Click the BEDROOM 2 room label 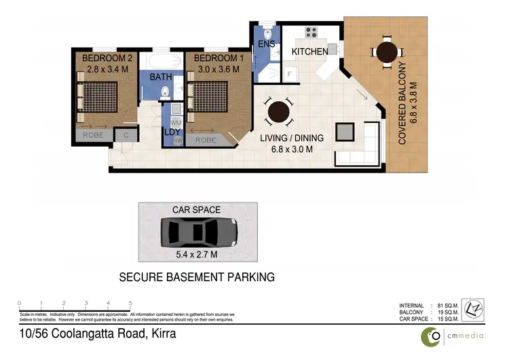click(107, 58)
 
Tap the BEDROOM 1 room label click(216, 58)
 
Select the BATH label click(161, 77)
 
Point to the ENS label click(265, 46)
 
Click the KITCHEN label click(310, 52)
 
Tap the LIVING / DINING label click(293, 138)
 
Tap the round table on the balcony click(386, 51)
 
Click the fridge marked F click(289, 73)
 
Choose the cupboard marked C click(126, 135)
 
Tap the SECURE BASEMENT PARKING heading click(197, 277)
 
